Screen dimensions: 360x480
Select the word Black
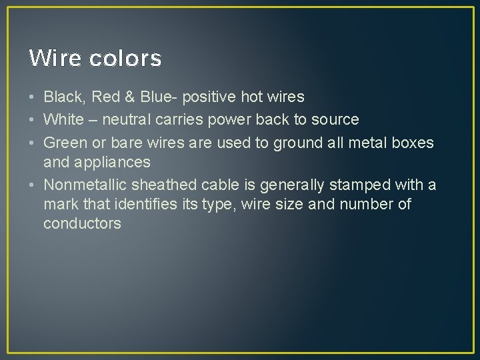(64, 97)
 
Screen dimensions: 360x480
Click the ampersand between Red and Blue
(129, 97)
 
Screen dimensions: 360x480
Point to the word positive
(209, 97)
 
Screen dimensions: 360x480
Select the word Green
(64, 143)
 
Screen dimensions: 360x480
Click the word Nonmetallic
(85, 184)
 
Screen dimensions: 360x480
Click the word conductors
(82, 223)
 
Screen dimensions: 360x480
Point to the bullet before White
(33, 120)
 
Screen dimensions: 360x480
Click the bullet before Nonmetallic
(33, 184)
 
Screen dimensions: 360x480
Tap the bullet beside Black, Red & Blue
(33, 97)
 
